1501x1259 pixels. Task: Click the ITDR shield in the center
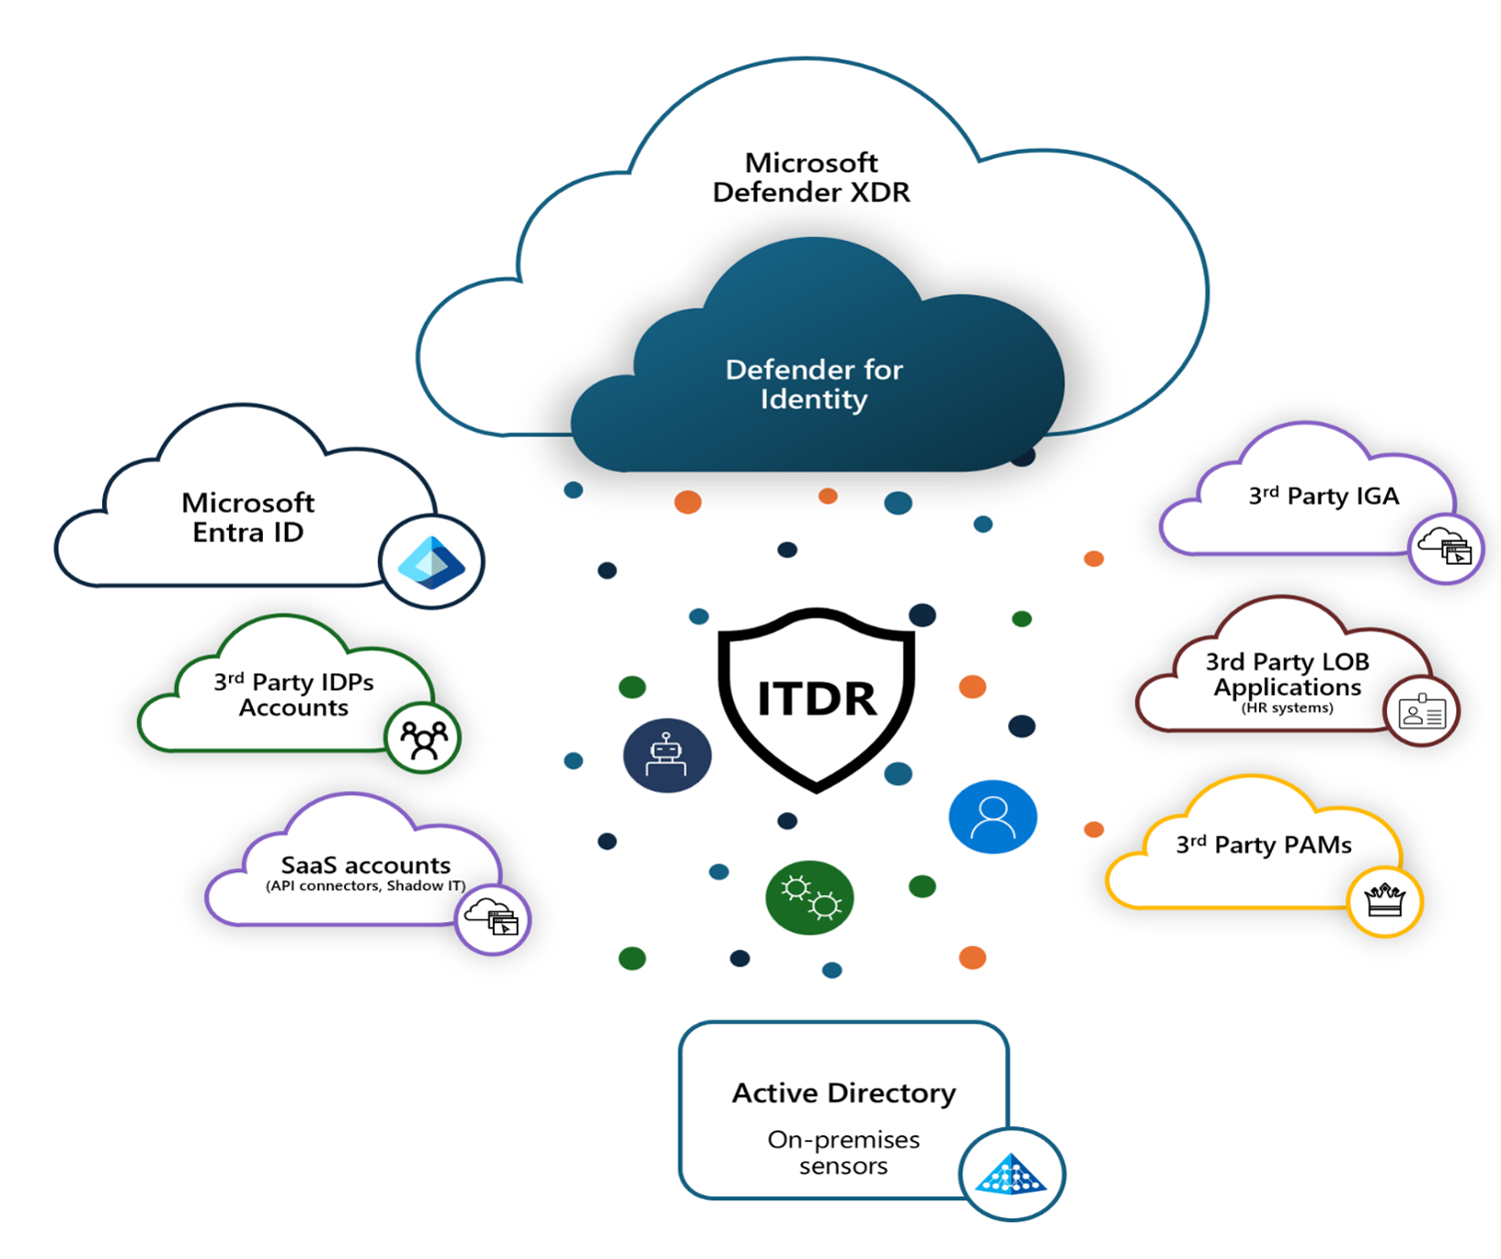(x=816, y=698)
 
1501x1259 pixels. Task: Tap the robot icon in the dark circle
(x=667, y=755)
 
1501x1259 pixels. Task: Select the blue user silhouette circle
(x=992, y=816)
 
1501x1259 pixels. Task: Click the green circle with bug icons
(x=809, y=897)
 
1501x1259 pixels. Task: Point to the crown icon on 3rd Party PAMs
(x=1384, y=900)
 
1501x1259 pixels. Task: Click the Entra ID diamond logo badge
(x=432, y=562)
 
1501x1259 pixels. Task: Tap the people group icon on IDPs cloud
(x=423, y=738)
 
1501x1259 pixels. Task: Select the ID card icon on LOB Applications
(x=1421, y=711)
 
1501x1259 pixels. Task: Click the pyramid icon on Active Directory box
(x=1011, y=1174)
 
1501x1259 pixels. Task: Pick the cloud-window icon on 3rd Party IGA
(x=1446, y=546)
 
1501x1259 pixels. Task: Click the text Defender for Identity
(x=813, y=385)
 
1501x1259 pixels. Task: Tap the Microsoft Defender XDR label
(x=811, y=177)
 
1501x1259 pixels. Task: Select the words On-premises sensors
(x=843, y=1152)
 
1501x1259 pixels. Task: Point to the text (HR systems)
(x=1287, y=708)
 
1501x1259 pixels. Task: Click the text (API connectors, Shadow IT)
(x=366, y=886)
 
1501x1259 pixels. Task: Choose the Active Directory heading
(x=843, y=1093)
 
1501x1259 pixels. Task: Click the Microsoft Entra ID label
(x=248, y=517)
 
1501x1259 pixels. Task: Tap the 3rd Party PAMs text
(x=1264, y=845)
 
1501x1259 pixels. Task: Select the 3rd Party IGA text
(x=1323, y=496)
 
